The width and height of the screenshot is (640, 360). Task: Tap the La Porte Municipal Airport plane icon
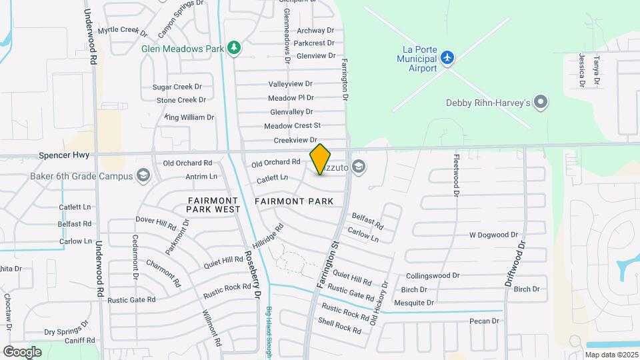tap(448, 58)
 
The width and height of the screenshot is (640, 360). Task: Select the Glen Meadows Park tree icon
tap(233, 48)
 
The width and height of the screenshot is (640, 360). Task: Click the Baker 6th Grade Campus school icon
tap(142, 176)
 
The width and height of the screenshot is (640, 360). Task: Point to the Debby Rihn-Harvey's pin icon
tap(541, 103)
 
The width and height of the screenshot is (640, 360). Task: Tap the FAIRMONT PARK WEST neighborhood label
tap(213, 205)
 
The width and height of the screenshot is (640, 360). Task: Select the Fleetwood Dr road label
tap(457, 175)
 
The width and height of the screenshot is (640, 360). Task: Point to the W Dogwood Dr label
tap(493, 235)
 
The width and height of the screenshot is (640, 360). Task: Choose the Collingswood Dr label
tap(433, 275)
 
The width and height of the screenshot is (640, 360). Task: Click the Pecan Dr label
tap(484, 321)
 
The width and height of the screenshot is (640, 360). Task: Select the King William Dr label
tap(189, 117)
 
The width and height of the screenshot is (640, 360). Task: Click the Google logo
tap(22, 351)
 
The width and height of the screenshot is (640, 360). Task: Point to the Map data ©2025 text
tap(611, 355)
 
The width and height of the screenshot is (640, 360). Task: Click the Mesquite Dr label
tap(414, 303)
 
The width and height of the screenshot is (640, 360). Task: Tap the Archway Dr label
tap(315, 31)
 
